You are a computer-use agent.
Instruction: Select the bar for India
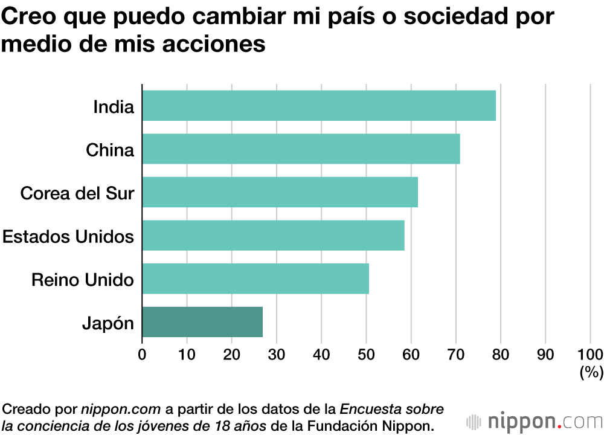[319, 106]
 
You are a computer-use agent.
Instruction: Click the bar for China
[301, 149]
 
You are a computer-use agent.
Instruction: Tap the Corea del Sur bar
[280, 193]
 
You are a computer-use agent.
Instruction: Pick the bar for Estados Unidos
[273, 236]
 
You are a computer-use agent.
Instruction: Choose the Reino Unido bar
[255, 279]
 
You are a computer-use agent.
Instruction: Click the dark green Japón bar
[202, 322]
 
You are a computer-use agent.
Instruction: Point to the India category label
[113, 107]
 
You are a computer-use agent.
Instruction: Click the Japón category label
[108, 323]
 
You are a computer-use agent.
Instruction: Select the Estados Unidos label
[68, 236]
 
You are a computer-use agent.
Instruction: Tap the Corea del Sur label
[77, 193]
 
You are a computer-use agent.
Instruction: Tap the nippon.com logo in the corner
[534, 420]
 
